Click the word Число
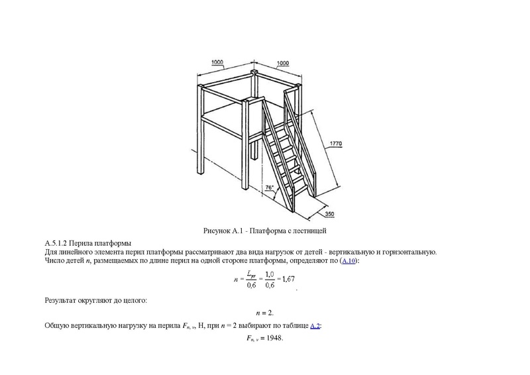(x=55, y=262)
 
